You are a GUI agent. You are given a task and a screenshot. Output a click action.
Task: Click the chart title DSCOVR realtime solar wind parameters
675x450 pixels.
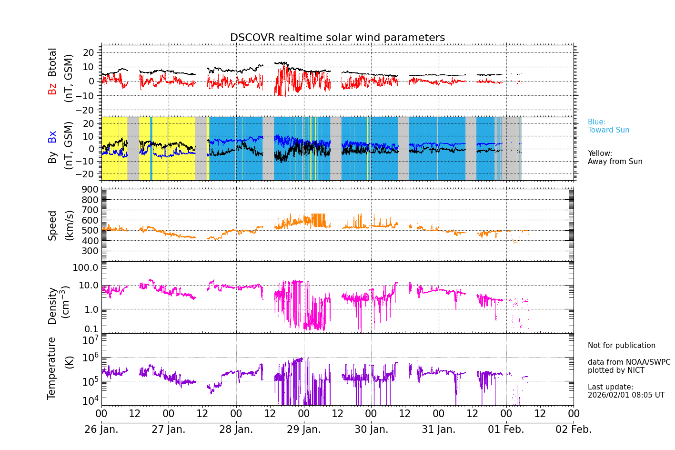click(x=337, y=38)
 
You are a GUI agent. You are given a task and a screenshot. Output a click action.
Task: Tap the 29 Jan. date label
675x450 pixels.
click(x=303, y=430)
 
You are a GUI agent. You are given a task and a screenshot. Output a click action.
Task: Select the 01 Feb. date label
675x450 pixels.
click(x=506, y=430)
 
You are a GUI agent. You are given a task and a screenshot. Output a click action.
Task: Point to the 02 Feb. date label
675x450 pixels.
click(x=574, y=430)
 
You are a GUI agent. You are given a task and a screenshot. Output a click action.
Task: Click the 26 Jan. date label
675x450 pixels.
click(x=101, y=430)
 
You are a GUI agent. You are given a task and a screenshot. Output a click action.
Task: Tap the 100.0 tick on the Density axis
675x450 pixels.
click(x=86, y=267)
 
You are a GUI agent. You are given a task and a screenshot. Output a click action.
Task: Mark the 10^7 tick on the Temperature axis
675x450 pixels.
click(x=90, y=340)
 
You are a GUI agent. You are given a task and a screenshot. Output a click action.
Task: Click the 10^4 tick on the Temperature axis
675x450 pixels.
click(x=90, y=400)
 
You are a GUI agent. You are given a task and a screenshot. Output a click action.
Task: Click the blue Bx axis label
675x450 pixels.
click(x=52, y=137)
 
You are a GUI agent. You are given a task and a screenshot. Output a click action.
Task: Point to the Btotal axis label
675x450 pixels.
click(x=52, y=62)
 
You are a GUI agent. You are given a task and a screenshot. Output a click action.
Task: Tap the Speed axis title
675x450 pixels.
click(x=52, y=225)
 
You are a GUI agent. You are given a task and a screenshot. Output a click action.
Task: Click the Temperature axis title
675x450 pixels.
click(x=52, y=368)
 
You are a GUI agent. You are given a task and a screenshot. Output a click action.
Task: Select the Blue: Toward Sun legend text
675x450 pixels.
click(x=608, y=126)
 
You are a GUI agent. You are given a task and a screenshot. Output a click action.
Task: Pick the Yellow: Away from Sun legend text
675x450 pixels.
click(x=615, y=158)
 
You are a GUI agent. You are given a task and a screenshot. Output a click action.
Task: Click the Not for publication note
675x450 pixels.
click(x=621, y=346)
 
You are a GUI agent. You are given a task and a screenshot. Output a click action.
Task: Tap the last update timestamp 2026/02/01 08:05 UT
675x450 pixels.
click(x=625, y=395)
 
